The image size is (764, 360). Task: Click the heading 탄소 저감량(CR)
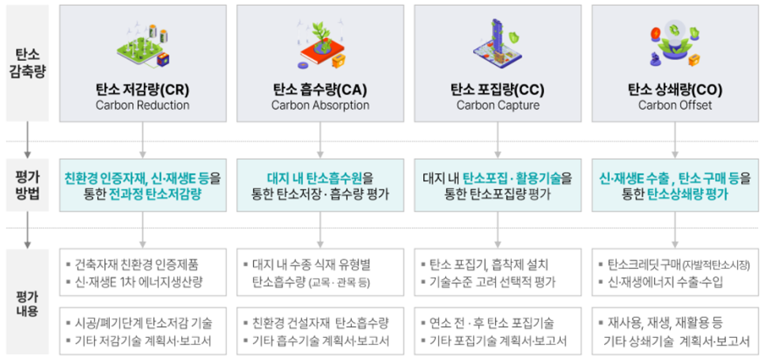pos(142,90)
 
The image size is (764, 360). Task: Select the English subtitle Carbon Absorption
pos(320,106)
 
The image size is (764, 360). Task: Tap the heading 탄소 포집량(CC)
pos(497,90)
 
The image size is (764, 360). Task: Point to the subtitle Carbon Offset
pos(675,106)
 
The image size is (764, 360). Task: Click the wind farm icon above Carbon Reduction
pos(143,46)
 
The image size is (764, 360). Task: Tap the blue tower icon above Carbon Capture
pos(497,44)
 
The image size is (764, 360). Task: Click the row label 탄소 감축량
pos(28,63)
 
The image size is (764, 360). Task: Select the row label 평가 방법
pos(28,185)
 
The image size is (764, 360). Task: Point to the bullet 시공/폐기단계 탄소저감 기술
pos(139,323)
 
